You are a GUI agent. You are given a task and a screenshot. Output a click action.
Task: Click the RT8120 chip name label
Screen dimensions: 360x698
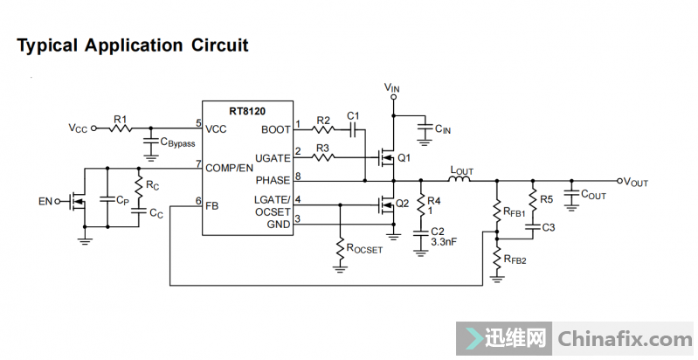246,111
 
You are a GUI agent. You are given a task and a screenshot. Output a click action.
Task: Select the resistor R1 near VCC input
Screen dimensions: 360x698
120,128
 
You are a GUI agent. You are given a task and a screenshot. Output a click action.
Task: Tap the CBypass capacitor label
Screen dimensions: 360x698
177,142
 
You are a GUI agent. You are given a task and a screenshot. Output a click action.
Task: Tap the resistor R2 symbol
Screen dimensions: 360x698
324,129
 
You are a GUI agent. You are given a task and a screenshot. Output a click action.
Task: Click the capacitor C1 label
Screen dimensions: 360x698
353,116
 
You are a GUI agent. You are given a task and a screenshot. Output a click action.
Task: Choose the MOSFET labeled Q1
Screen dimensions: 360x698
385,158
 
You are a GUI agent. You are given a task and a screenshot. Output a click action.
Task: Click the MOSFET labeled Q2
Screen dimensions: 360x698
385,205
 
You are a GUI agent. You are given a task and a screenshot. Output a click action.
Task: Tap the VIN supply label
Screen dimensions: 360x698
393,88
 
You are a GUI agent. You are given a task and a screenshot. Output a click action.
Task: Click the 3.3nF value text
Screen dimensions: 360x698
445,241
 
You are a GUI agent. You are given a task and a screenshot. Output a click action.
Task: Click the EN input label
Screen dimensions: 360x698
45,202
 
